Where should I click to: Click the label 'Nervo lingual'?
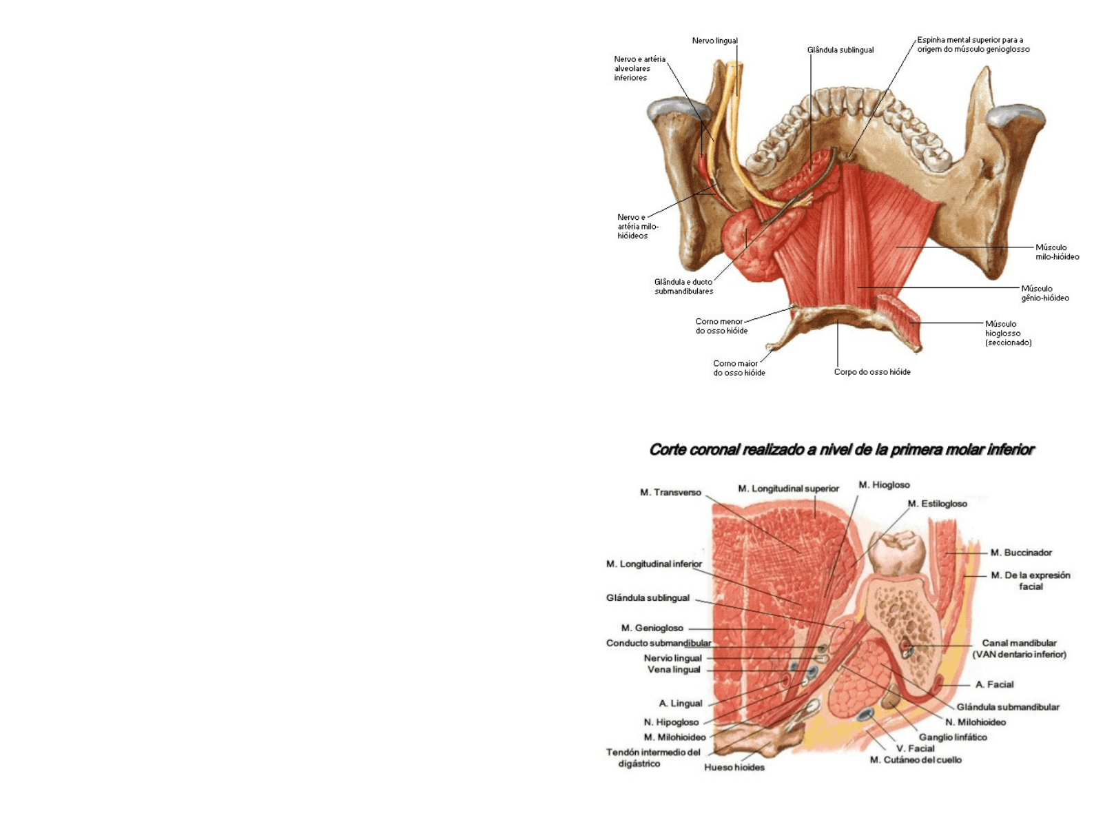[714, 41]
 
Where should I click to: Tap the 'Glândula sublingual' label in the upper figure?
[840, 50]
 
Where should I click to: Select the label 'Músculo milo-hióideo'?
[1057, 252]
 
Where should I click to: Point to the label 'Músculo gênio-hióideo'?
[1044, 294]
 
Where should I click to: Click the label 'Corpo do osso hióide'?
[872, 372]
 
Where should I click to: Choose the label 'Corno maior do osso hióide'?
[739, 368]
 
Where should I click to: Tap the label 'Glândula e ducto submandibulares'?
[683, 287]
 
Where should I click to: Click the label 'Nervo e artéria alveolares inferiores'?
[639, 68]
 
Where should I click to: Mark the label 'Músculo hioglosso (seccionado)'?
[1008, 333]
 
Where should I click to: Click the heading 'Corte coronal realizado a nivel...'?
[841, 450]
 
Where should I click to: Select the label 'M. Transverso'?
[670, 493]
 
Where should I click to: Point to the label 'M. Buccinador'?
[1021, 553]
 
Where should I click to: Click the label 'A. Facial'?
[994, 684]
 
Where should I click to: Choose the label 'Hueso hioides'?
[734, 767]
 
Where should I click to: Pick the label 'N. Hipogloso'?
[671, 722]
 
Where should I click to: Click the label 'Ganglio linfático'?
[953, 737]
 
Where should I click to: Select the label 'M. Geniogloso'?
[652, 628]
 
